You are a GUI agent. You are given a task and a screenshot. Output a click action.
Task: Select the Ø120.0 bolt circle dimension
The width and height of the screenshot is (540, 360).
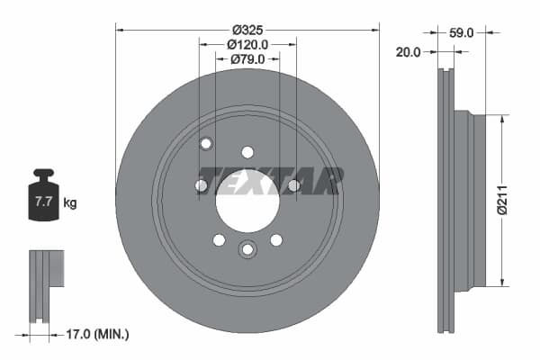tap(247, 43)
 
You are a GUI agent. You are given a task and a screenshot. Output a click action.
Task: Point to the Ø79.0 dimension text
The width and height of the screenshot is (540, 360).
tap(247, 59)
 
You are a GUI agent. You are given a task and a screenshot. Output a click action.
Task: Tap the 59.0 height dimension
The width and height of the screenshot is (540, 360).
tap(461, 31)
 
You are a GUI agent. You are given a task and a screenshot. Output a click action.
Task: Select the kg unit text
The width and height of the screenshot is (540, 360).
tap(70, 202)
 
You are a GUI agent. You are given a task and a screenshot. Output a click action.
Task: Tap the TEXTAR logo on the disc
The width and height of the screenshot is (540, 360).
tap(270, 180)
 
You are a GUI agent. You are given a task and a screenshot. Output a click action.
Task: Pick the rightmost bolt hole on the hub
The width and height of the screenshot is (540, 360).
tap(293, 185)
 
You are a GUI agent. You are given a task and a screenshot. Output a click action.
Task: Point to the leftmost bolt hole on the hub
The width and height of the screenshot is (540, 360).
tap(202, 185)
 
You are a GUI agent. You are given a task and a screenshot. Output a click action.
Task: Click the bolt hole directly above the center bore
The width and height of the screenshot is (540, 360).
tap(247, 152)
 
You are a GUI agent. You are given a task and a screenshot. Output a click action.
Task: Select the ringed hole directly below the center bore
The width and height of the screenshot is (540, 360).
tap(247, 249)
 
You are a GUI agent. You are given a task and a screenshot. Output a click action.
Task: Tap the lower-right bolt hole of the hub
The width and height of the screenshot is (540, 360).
tap(276, 239)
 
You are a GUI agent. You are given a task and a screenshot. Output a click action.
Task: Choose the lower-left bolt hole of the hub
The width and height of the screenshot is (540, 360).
tap(219, 239)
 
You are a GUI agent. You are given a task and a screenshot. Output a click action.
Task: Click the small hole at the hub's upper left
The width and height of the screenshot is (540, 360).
tap(205, 143)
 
